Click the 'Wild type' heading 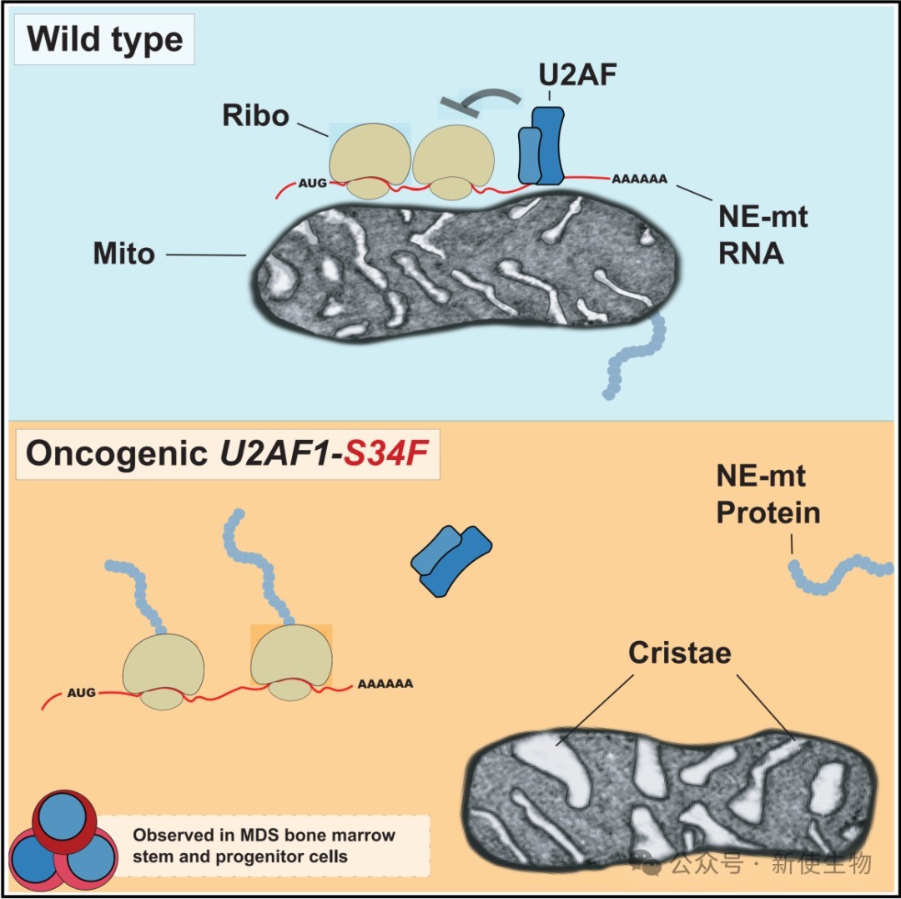point(105,39)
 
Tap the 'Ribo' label point(255,115)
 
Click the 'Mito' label point(124,253)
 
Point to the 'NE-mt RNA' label point(763,235)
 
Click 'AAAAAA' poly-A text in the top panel point(640,179)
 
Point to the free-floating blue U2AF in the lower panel point(451,559)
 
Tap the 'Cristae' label point(680,653)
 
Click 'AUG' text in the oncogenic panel point(81,692)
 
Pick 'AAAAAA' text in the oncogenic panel point(385,684)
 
